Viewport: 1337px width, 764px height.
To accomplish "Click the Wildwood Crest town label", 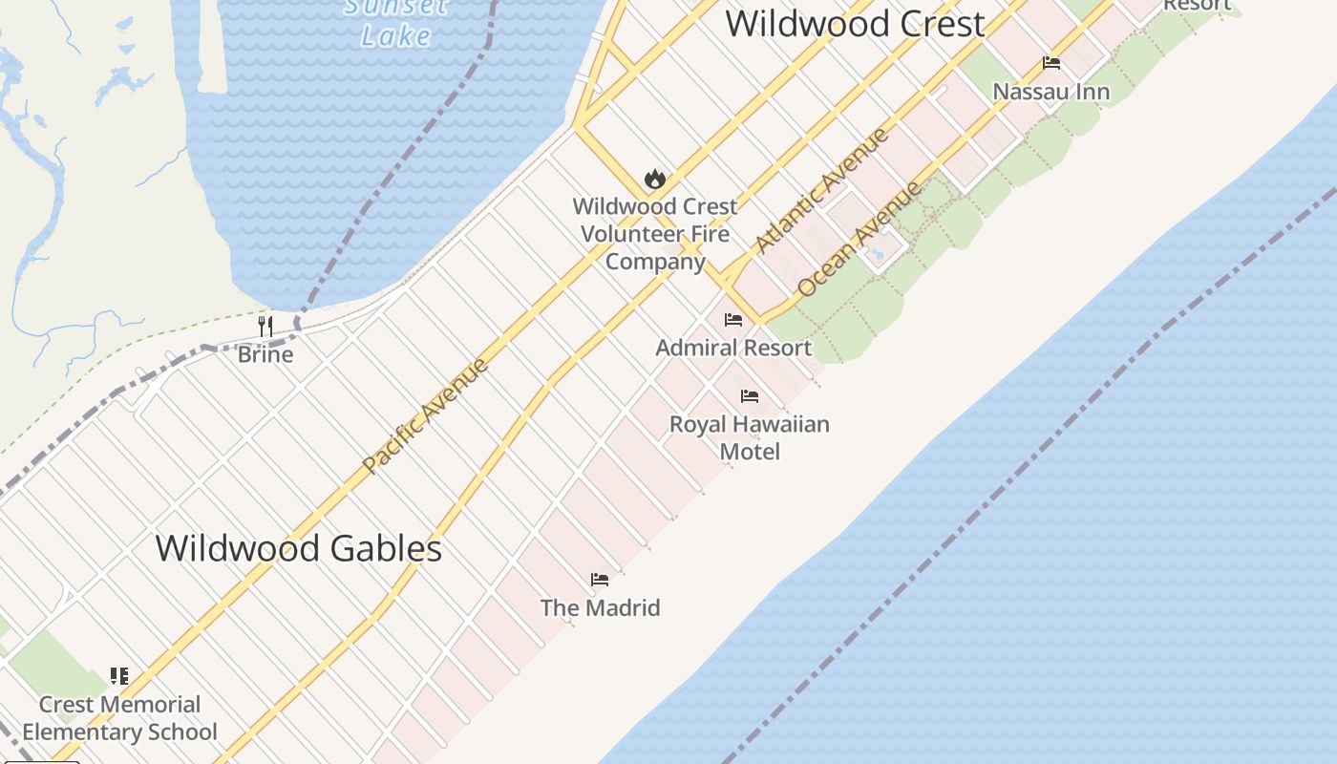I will click(x=855, y=23).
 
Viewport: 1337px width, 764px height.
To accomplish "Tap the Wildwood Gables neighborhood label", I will click(x=298, y=548).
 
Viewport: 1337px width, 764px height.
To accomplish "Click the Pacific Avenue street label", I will click(x=426, y=415).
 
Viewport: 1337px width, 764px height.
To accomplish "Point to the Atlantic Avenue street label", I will click(x=821, y=191).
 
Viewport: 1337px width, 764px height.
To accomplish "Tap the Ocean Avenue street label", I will click(x=859, y=239).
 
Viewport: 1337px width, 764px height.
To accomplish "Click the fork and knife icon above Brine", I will click(x=265, y=326).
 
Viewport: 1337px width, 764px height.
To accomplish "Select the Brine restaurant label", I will click(x=265, y=354).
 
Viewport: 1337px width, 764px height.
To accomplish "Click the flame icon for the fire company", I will click(x=654, y=179).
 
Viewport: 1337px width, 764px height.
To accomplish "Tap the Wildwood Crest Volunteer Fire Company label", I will click(x=656, y=234).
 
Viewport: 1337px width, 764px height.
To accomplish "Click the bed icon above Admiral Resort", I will click(x=732, y=320).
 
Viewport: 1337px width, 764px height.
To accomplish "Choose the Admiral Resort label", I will click(x=733, y=348).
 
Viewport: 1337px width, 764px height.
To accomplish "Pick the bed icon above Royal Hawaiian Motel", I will click(x=750, y=395).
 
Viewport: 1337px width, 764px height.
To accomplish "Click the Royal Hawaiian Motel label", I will click(x=750, y=437).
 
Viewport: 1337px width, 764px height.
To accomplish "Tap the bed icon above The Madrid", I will click(x=600, y=580).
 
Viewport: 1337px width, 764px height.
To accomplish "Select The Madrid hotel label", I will click(x=600, y=607).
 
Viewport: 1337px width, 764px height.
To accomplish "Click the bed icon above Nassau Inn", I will click(x=1051, y=63).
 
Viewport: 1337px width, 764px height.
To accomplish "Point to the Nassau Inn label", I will click(x=1051, y=92).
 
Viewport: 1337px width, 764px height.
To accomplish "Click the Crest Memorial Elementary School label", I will click(x=120, y=718).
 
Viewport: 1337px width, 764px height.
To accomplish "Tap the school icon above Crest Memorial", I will click(x=119, y=676).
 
